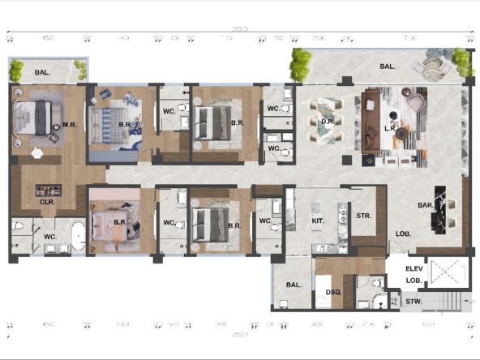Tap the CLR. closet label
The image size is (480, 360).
[47, 202]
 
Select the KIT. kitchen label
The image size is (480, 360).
[318, 220]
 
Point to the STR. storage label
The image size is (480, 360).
[363, 216]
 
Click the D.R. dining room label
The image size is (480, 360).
[328, 122]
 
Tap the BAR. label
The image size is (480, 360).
[424, 205]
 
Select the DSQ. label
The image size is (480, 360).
[332, 291]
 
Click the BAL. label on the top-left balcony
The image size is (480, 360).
[43, 73]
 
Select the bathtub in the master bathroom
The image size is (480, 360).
[77, 235]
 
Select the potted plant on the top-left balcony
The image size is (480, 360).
[15, 70]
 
